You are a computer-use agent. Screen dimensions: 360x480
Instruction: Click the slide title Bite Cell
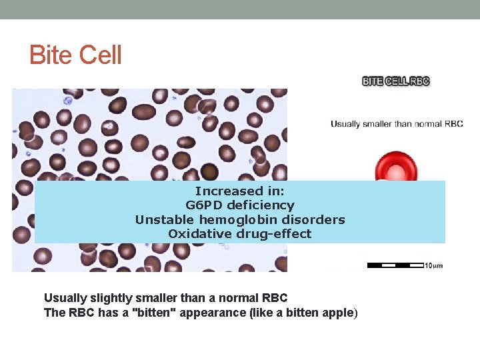75,55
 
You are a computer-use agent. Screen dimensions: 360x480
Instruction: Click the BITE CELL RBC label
395,81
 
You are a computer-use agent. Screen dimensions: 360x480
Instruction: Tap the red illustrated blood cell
396,167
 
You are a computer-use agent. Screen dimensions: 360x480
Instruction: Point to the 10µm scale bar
395,265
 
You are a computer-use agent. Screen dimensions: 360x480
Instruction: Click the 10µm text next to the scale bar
433,266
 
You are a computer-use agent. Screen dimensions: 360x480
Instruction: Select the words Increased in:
239,191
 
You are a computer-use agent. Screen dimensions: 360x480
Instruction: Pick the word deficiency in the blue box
261,205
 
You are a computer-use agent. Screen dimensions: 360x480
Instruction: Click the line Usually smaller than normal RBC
397,124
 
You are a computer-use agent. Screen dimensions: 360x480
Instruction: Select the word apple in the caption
339,313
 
